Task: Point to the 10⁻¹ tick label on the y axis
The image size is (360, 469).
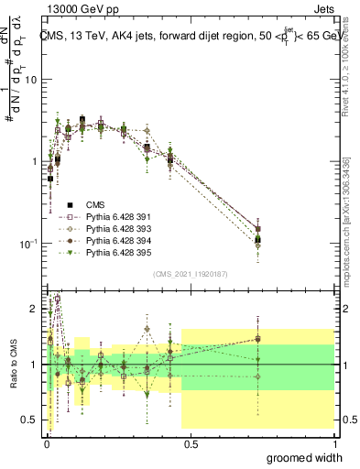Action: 28,244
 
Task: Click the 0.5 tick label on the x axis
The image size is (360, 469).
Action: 191,443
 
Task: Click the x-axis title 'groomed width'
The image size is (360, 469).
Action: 305,457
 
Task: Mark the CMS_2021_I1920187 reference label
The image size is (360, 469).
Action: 190,273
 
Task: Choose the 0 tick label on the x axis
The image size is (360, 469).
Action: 47,443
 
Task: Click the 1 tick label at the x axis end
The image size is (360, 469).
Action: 335,443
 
